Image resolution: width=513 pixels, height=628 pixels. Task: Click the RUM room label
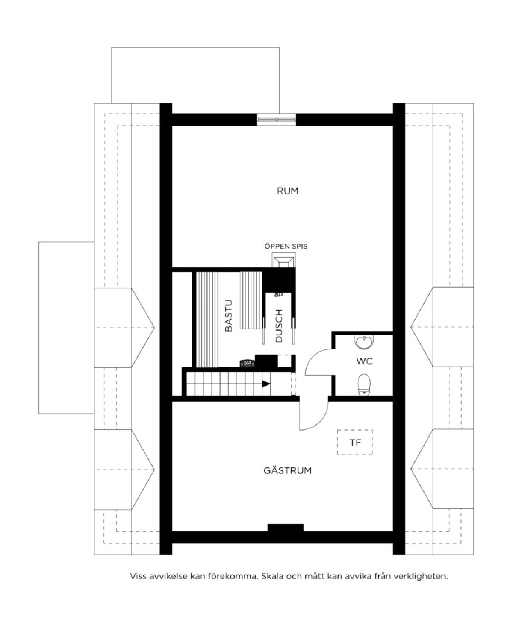(287, 191)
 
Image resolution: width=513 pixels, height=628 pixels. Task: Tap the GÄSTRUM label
(287, 471)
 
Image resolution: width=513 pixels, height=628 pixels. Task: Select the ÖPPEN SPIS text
(286, 246)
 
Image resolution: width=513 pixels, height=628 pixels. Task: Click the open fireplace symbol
(283, 260)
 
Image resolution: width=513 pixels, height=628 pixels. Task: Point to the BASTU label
(228, 316)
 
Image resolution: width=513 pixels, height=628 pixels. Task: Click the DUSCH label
(279, 326)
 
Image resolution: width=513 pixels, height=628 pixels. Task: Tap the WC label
(364, 361)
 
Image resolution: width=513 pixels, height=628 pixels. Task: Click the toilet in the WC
(363, 385)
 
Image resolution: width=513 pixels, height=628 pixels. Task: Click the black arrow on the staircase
(266, 384)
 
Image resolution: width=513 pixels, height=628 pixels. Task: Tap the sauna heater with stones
(247, 363)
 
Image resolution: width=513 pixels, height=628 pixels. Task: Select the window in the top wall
(277, 120)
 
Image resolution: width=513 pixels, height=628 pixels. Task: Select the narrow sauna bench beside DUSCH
(251, 300)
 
